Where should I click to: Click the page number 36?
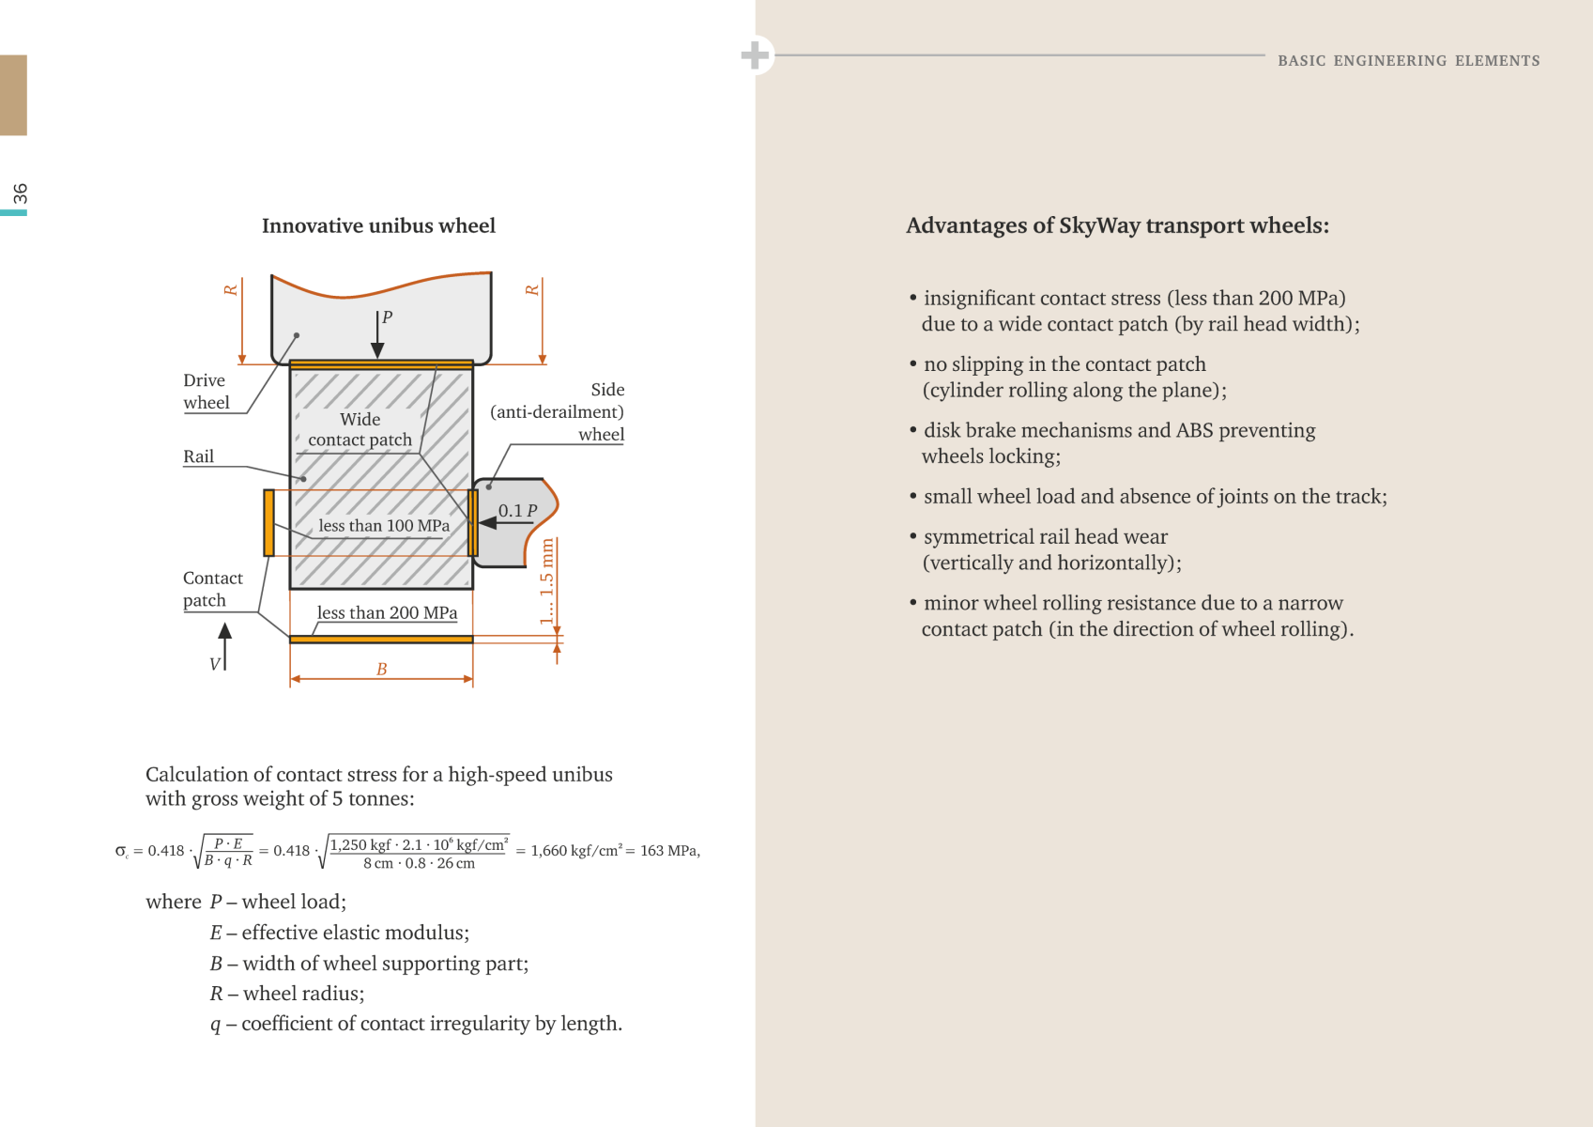coord(20,193)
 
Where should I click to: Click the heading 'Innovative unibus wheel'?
coord(378,225)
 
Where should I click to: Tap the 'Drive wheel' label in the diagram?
coord(207,391)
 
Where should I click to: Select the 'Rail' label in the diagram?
coord(198,456)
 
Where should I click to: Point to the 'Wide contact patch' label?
coord(360,429)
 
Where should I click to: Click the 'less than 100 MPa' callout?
coord(384,526)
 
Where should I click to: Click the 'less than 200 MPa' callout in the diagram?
coord(387,612)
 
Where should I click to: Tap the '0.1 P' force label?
coord(518,510)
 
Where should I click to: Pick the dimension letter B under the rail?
coord(382,669)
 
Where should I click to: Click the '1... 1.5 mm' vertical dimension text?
coord(546,581)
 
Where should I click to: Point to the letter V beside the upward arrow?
coord(215,664)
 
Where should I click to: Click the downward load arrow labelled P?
coord(377,334)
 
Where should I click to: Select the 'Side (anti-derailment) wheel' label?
coord(557,411)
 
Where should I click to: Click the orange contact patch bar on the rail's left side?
coord(268,522)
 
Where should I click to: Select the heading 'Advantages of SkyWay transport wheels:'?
coord(1117,225)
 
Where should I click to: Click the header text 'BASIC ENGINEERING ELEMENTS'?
coord(1409,60)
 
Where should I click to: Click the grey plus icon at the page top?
coord(756,54)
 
